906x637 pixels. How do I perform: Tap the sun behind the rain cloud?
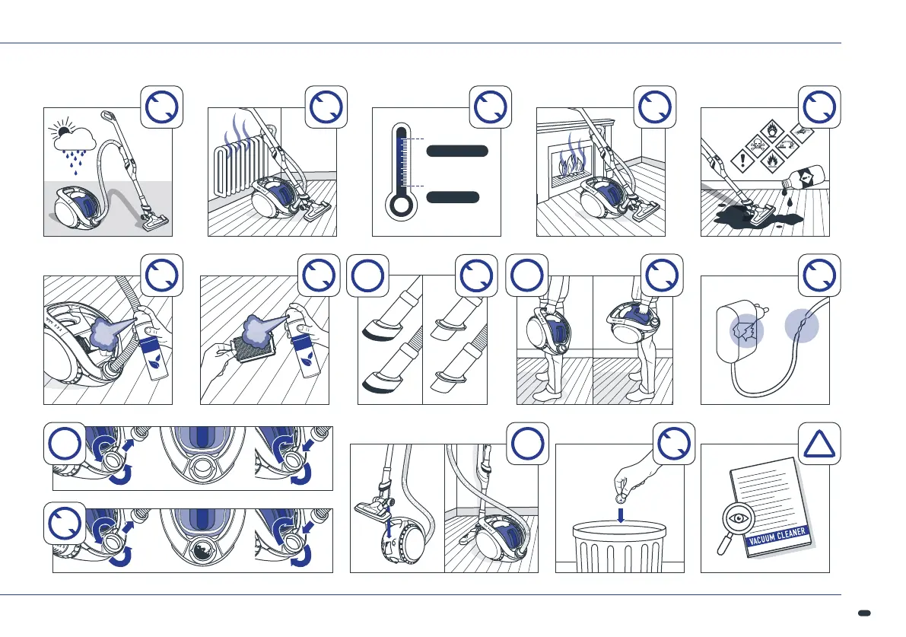pyautogui.click(x=60, y=127)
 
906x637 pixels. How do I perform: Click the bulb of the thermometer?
pyautogui.click(x=401, y=207)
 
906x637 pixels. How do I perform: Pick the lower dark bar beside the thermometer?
pyautogui.click(x=453, y=197)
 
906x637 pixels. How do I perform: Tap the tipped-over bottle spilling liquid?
pyautogui.click(x=801, y=180)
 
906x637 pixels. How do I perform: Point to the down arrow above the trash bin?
pyautogui.click(x=621, y=514)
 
